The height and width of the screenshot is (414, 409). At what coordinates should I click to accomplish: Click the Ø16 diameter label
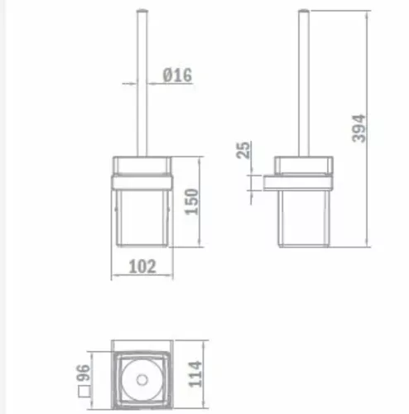click(177, 75)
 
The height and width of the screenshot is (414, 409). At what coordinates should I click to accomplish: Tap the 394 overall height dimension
click(358, 128)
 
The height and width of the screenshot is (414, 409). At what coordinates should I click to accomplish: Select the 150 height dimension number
click(191, 201)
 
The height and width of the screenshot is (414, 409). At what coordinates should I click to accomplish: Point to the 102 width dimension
click(142, 267)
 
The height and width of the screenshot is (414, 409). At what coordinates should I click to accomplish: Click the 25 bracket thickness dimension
click(243, 150)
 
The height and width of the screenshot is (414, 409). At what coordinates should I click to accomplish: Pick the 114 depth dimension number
click(195, 373)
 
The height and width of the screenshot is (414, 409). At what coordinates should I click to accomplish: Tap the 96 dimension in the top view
click(83, 373)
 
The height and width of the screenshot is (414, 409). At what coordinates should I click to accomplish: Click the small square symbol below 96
click(84, 392)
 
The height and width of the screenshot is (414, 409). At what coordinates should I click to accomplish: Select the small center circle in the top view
click(142, 380)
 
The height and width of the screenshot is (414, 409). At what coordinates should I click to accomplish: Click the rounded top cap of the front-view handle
click(142, 11)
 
